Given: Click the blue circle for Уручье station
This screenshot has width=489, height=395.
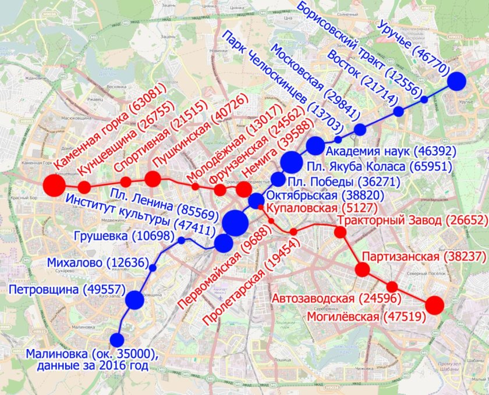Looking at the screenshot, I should point(457,81).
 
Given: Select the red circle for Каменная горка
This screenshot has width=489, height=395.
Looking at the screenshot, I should point(54,186).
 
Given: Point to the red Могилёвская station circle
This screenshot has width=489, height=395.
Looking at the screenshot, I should point(434,305).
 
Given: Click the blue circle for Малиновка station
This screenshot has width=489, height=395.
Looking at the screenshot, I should point(117,340).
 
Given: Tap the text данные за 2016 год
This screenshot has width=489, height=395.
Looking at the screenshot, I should point(86,366).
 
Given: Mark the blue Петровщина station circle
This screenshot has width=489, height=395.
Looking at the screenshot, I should point(134,300).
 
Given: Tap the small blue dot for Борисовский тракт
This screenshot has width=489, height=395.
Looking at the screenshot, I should point(424,99).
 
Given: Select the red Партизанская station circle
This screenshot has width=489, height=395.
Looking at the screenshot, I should point(362,269).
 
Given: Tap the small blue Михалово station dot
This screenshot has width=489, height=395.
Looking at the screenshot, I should point(153,268).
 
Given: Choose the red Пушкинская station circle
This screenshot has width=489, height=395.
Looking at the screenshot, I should point(153,179).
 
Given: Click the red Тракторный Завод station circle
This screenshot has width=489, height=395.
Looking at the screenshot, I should point(341,233).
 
